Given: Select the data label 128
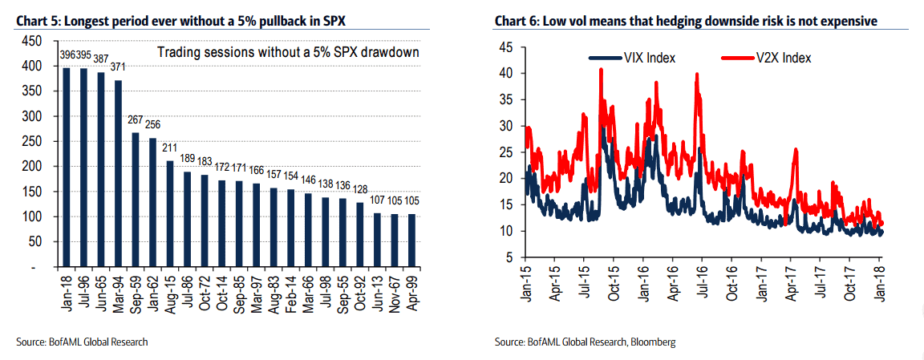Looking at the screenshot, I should click(361, 188).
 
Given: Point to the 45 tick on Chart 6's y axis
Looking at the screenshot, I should click(505, 47).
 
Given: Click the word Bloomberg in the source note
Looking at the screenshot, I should click(654, 342).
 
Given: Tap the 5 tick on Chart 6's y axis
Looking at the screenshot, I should click(509, 257).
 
